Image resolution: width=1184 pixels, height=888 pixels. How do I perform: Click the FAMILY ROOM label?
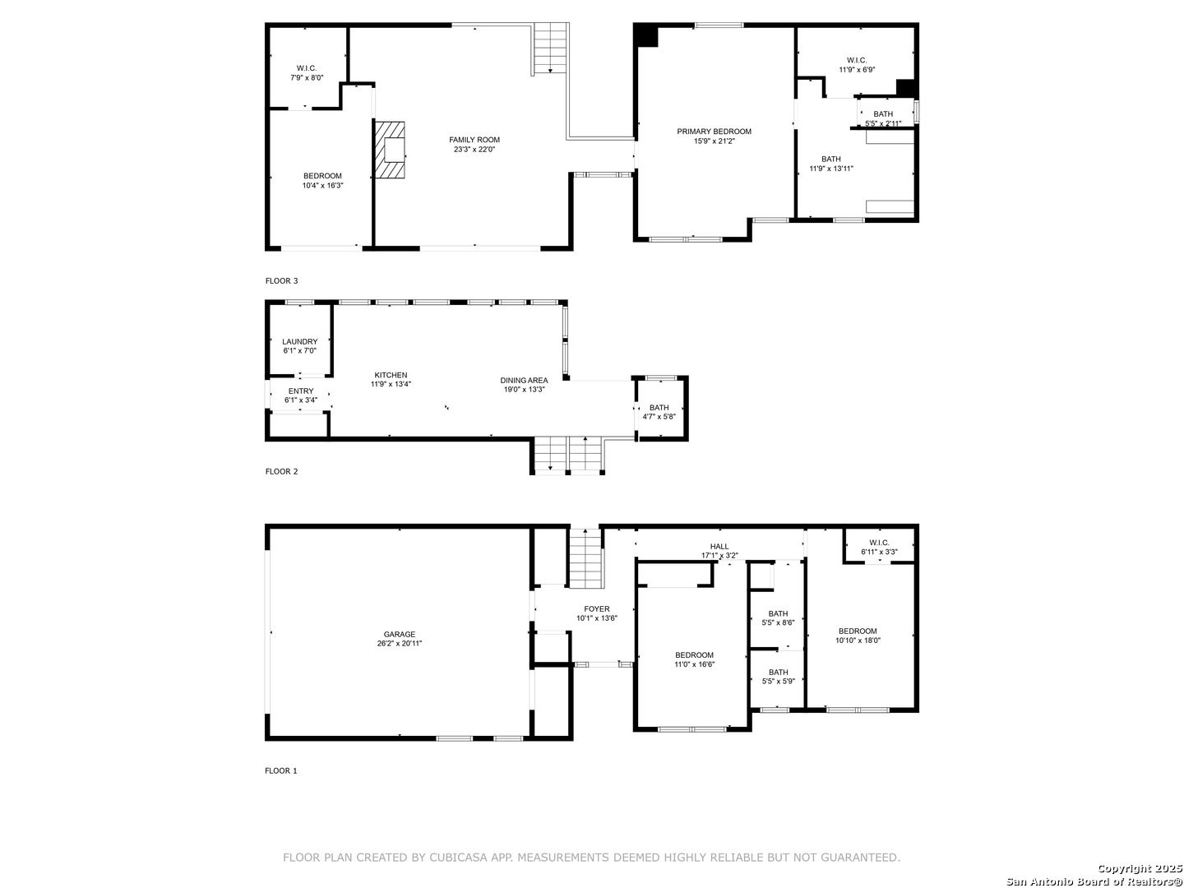click(474, 140)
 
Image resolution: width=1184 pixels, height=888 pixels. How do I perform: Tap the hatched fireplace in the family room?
click(390, 150)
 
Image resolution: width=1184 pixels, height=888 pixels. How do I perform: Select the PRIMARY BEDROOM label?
click(714, 132)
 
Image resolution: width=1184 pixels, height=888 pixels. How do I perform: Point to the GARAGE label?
click(399, 635)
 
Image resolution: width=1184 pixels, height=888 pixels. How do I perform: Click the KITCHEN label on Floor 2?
click(391, 375)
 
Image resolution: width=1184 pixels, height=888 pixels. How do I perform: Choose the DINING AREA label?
click(524, 380)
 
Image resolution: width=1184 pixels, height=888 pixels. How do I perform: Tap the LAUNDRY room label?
click(299, 342)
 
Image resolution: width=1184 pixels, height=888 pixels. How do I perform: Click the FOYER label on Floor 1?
click(597, 608)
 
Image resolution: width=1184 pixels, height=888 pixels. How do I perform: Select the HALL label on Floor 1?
click(719, 546)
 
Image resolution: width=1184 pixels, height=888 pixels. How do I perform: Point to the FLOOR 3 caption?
click(281, 281)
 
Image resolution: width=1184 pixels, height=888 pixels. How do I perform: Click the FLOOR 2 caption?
click(281, 472)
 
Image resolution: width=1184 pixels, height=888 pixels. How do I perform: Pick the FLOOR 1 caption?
click(280, 771)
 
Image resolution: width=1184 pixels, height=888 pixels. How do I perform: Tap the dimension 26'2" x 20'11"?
click(399, 643)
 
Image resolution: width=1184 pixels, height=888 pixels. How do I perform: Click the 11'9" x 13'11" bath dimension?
click(830, 169)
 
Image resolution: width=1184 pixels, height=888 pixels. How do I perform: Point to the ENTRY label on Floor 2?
click(300, 391)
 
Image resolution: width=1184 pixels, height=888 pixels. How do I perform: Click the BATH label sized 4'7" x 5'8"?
click(659, 408)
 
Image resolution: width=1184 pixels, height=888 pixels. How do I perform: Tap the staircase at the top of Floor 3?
click(551, 49)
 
